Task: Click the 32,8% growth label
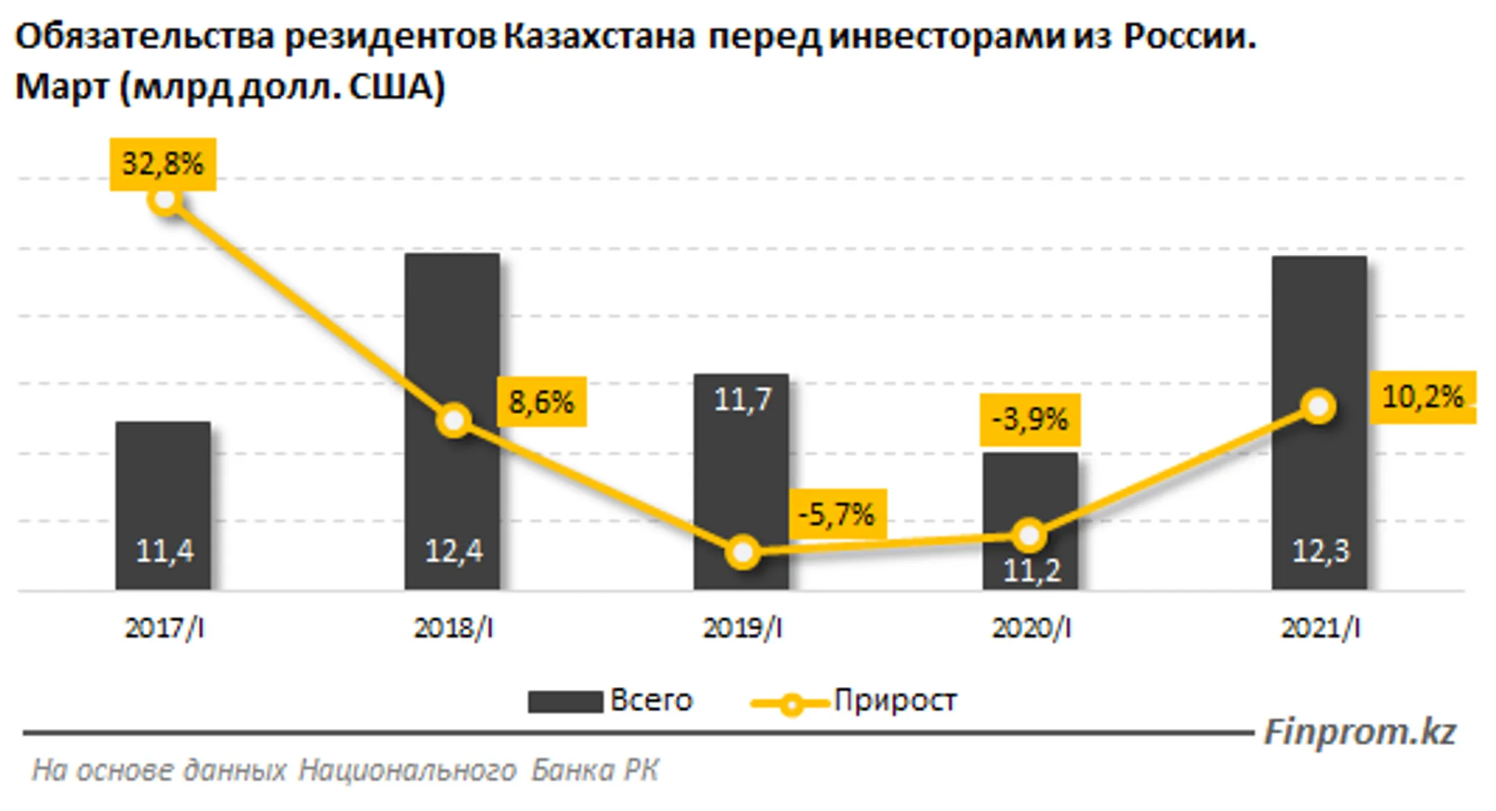(163, 164)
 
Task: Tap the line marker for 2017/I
(165, 200)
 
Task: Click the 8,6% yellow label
(542, 402)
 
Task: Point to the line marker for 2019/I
(742, 553)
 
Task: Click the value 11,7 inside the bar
(742, 400)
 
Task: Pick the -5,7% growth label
(837, 515)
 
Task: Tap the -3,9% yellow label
(1030, 420)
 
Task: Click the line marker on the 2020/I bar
(1029, 535)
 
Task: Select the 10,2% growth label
(1423, 397)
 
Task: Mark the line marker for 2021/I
(1319, 407)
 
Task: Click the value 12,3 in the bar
(1320, 551)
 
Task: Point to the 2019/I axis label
(742, 628)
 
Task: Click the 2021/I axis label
(1320, 628)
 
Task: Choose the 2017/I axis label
(164, 628)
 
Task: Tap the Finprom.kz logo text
(1360, 732)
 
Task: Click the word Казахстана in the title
(599, 37)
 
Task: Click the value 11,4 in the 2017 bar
(164, 551)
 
